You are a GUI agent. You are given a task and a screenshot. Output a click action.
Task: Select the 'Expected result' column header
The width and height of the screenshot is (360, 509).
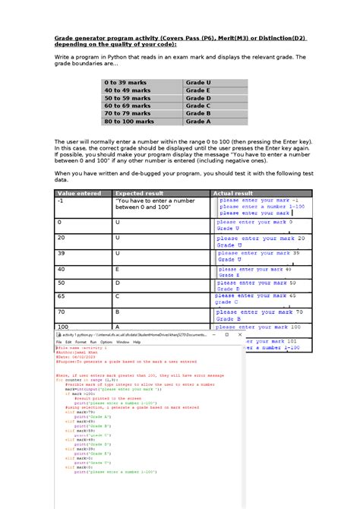pos(160,193)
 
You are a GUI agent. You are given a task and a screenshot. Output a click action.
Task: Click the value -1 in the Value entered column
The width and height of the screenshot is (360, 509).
pos(61,201)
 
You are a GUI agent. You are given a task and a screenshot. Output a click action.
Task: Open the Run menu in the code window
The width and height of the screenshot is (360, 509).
pos(93,343)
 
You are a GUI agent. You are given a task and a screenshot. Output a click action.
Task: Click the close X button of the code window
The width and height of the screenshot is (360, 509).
pos(238,334)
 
